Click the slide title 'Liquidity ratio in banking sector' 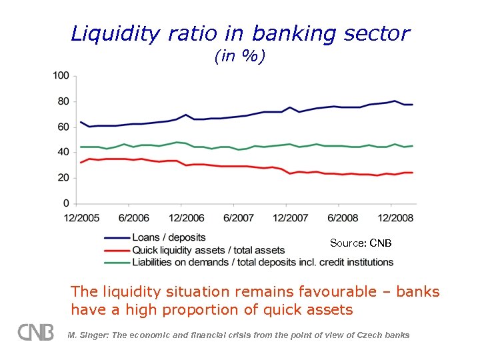(x=240, y=33)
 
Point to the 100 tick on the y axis (x=61, y=76)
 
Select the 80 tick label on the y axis (x=63, y=101)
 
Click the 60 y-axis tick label (x=63, y=127)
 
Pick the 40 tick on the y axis (x=63, y=152)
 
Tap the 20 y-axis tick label (x=63, y=177)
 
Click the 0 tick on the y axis (x=66, y=203)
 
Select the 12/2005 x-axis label (x=81, y=217)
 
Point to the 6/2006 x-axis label (x=133, y=217)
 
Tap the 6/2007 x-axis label (x=238, y=217)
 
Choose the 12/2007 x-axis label (x=290, y=217)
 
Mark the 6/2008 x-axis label (x=343, y=217)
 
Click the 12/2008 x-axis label (x=395, y=217)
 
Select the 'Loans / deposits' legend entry (x=169, y=237)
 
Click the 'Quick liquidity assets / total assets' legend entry (x=208, y=250)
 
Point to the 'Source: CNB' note (x=361, y=243)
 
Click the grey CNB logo (x=36, y=332)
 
